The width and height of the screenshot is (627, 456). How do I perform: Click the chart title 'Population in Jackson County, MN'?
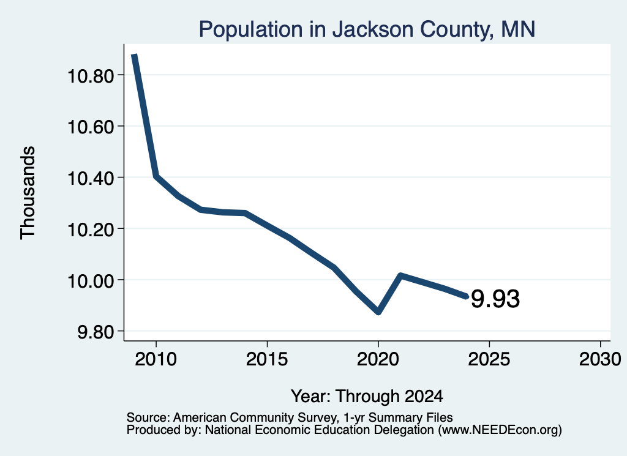pyautogui.click(x=367, y=29)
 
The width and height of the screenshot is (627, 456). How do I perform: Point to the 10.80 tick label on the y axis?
pyautogui.click(x=91, y=75)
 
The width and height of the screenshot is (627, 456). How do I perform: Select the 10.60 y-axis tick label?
pyautogui.click(x=91, y=127)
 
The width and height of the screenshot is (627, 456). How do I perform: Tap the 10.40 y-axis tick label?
pyautogui.click(x=91, y=178)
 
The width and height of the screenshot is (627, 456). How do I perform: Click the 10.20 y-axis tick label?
pyautogui.click(x=91, y=230)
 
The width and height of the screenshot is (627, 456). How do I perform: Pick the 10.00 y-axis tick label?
pyautogui.click(x=91, y=280)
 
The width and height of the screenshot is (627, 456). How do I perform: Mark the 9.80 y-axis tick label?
pyautogui.click(x=96, y=332)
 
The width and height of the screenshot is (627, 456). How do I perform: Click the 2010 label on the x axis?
pyautogui.click(x=156, y=359)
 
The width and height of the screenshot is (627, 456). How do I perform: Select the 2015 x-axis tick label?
pyautogui.click(x=267, y=359)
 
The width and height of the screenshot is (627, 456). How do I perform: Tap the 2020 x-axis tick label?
pyautogui.click(x=378, y=359)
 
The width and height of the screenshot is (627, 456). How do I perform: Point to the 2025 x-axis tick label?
pyautogui.click(x=489, y=359)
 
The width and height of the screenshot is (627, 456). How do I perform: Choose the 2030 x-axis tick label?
pyautogui.click(x=600, y=359)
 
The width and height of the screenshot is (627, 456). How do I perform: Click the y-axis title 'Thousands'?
pyautogui.click(x=28, y=193)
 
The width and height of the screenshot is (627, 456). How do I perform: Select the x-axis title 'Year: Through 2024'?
pyautogui.click(x=367, y=396)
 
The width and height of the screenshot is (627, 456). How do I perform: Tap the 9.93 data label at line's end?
pyautogui.click(x=495, y=299)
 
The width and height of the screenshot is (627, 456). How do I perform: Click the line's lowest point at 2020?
pyautogui.click(x=378, y=312)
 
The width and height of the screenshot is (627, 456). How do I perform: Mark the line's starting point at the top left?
pyautogui.click(x=134, y=54)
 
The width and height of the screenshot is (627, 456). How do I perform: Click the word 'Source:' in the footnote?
pyautogui.click(x=148, y=417)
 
